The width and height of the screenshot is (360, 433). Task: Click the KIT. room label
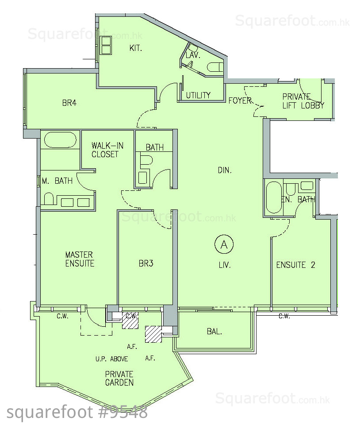[135, 48]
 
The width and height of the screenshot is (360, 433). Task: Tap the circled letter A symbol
[224, 244]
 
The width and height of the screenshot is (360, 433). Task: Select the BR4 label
[69, 103]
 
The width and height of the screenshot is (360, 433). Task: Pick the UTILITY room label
[198, 95]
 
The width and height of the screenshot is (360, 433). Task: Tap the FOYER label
[240, 101]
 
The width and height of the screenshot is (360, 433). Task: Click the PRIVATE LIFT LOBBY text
[303, 101]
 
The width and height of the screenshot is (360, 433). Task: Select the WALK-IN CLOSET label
[107, 150]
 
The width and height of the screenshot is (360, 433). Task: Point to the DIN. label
[225, 170]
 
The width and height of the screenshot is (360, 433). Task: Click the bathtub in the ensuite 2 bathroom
[274, 197]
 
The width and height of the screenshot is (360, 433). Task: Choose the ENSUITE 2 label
[295, 265]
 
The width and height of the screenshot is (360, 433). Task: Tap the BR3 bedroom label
[146, 263]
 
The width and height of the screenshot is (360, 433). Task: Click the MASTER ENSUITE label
[80, 259]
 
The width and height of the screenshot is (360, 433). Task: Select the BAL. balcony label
[214, 331]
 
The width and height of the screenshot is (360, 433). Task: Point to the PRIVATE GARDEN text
[119, 379]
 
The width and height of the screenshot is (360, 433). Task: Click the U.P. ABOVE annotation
[112, 359]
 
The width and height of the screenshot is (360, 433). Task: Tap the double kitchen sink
[106, 45]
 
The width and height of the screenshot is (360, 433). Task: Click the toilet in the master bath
[49, 199]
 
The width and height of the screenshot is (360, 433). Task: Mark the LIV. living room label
[225, 265]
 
